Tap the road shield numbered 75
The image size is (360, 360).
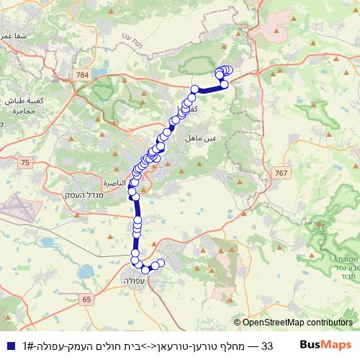tap(26, 164)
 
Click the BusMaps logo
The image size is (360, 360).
tap(325, 346)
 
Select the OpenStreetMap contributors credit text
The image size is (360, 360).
tap(297, 323)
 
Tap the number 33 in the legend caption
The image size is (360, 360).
tap(266, 346)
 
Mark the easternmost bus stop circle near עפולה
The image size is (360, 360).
tap(161, 265)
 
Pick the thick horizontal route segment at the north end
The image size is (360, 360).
tap(209, 89)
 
